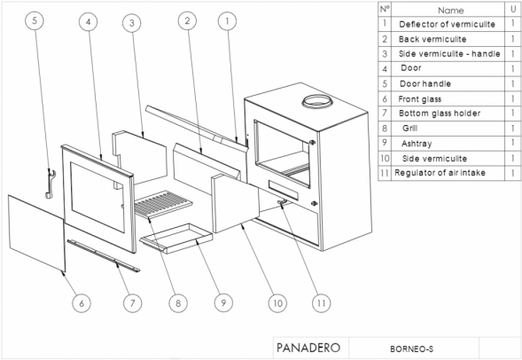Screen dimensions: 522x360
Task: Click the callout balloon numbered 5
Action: pyautogui.click(x=35, y=20)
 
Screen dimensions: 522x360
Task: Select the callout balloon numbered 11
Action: pyautogui.click(x=321, y=303)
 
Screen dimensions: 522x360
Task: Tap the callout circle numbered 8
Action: pyautogui.click(x=178, y=303)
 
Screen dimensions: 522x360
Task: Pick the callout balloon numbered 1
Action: pyautogui.click(x=228, y=21)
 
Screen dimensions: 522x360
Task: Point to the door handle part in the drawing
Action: pyautogui.click(x=50, y=184)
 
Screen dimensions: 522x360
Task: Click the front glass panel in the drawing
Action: pyautogui.click(x=36, y=233)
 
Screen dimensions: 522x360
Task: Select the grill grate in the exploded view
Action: pyautogui.click(x=163, y=204)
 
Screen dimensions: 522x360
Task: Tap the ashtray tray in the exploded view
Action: pyautogui.click(x=176, y=239)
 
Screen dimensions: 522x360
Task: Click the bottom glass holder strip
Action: pyautogui.click(x=104, y=255)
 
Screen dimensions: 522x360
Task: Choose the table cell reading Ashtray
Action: pyautogui.click(x=417, y=144)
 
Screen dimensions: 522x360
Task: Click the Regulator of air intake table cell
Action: pyautogui.click(x=440, y=173)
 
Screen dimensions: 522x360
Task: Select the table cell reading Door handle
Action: pyautogui.click(x=425, y=83)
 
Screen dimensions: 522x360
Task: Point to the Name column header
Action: pyautogui.click(x=451, y=11)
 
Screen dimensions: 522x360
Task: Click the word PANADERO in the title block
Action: pyautogui.click(x=308, y=348)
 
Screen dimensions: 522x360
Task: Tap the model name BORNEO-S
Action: pyautogui.click(x=412, y=349)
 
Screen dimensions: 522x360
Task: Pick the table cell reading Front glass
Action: pyautogui.click(x=420, y=99)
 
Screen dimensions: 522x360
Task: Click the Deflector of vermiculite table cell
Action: pyautogui.click(x=447, y=24)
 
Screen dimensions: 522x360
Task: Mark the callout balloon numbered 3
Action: pyautogui.click(x=132, y=23)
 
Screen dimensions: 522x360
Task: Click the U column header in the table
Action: pyautogui.click(x=513, y=10)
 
